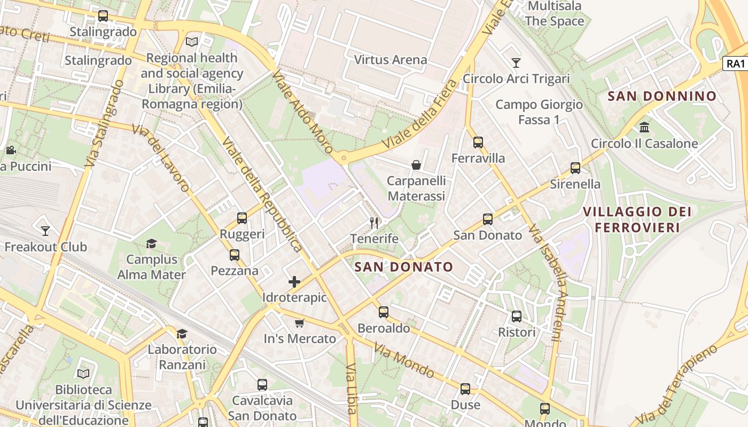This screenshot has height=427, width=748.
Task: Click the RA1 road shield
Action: [735, 64]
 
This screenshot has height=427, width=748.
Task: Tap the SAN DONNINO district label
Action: [662, 97]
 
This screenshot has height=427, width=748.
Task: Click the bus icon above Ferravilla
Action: [478, 143]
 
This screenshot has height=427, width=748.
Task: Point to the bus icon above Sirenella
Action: [575, 168]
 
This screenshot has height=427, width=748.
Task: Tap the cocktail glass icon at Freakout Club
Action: [45, 231]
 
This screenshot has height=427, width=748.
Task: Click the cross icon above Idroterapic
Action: [294, 282]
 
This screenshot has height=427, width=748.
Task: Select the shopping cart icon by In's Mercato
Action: [300, 323]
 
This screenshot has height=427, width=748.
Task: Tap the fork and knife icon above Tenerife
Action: [374, 223]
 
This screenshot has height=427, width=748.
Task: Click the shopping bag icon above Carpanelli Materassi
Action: [416, 165]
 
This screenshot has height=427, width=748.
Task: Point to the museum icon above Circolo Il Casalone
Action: [644, 128]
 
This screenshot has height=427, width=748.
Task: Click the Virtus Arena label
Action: [391, 60]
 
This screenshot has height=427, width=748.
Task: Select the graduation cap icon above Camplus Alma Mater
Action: [152, 244]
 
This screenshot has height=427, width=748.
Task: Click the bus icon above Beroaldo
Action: [384, 312]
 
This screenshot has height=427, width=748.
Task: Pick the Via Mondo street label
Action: [403, 360]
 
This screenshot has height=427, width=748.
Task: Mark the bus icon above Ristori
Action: [517, 317]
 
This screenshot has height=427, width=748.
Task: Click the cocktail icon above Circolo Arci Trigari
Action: [516, 63]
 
